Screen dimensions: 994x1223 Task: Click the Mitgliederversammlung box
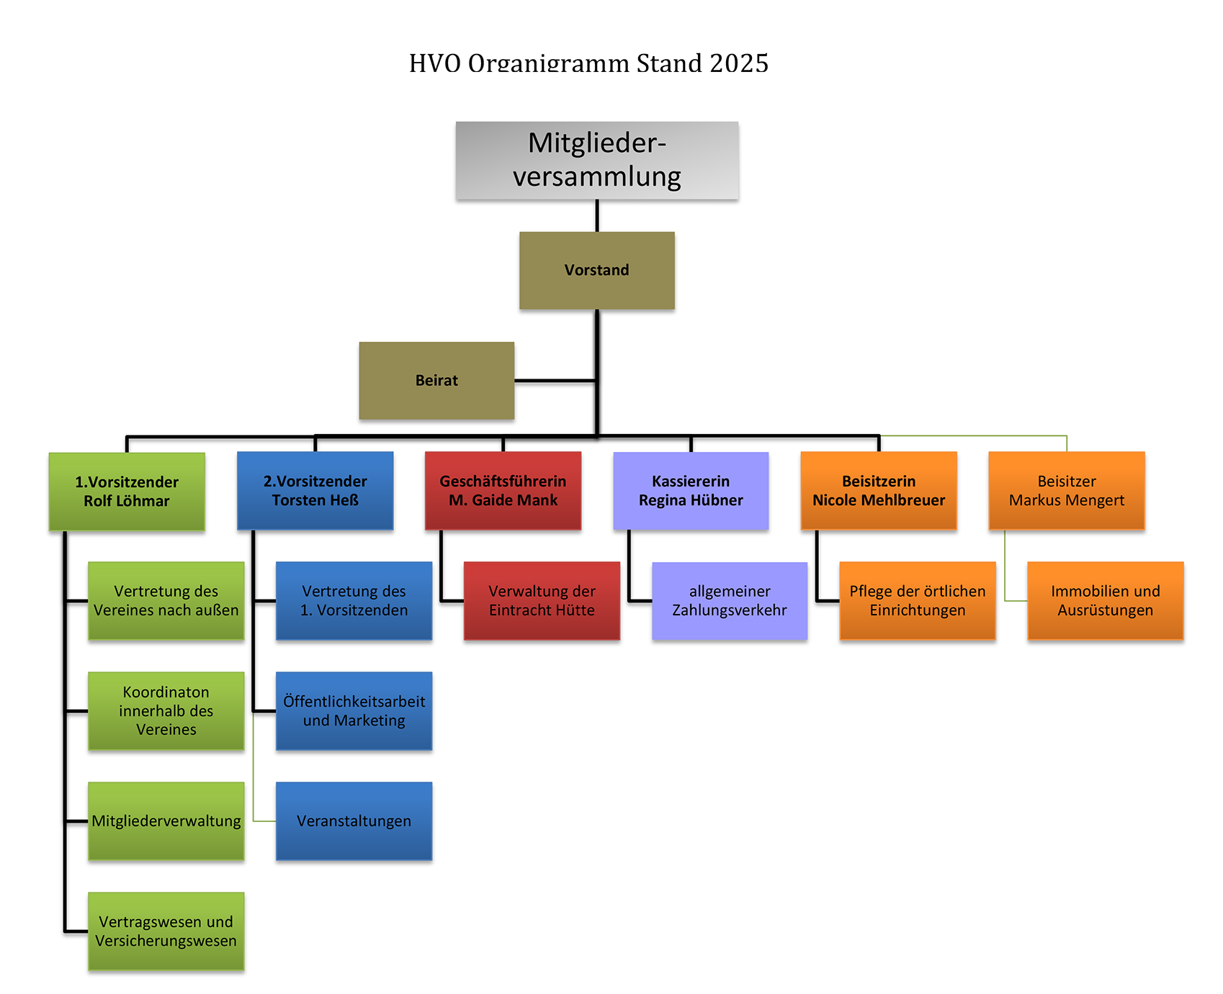(596, 160)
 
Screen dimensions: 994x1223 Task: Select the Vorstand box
(596, 270)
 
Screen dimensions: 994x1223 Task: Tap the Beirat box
(436, 380)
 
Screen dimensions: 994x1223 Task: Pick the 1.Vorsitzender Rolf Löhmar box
(127, 491)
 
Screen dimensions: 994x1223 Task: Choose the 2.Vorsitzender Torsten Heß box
(315, 490)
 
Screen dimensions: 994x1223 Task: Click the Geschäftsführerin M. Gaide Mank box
(503, 490)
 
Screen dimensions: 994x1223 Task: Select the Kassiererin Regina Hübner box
(691, 490)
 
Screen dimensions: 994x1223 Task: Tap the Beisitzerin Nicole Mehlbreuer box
(879, 490)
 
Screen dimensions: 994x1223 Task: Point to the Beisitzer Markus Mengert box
(1067, 490)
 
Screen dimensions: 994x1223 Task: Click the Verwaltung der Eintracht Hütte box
(542, 600)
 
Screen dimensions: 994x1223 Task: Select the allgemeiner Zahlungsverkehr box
(730, 600)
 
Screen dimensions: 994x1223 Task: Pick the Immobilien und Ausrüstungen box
(1106, 600)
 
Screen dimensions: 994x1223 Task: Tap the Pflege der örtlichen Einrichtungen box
(918, 600)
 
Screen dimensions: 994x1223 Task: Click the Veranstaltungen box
(354, 821)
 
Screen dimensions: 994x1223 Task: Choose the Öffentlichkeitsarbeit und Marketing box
(354, 710)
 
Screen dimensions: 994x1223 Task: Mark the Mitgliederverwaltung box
(166, 821)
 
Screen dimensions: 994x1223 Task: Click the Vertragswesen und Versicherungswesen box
(166, 931)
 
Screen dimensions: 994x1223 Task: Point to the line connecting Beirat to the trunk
(555, 380)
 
